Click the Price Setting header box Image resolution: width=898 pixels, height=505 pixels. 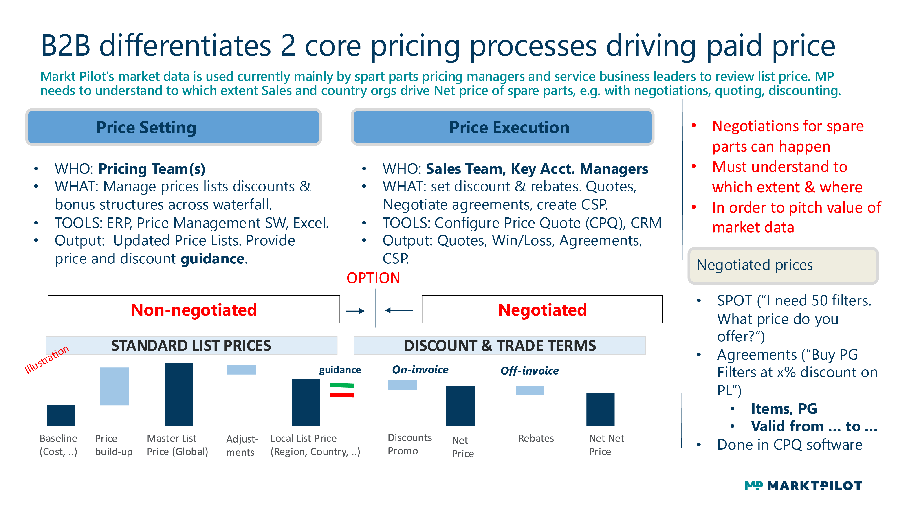tap(173, 127)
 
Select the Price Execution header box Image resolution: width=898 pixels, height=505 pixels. tap(502, 127)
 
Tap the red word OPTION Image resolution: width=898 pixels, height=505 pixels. tap(373, 278)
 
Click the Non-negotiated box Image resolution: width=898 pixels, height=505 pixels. tap(194, 310)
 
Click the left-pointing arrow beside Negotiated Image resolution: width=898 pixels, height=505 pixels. tap(399, 310)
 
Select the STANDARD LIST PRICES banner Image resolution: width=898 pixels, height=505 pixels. tap(191, 345)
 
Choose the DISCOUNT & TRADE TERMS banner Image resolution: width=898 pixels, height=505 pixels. tap(500, 345)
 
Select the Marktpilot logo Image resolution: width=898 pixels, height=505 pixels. tap(803, 485)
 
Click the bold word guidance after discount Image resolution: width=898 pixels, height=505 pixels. tap(212, 259)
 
